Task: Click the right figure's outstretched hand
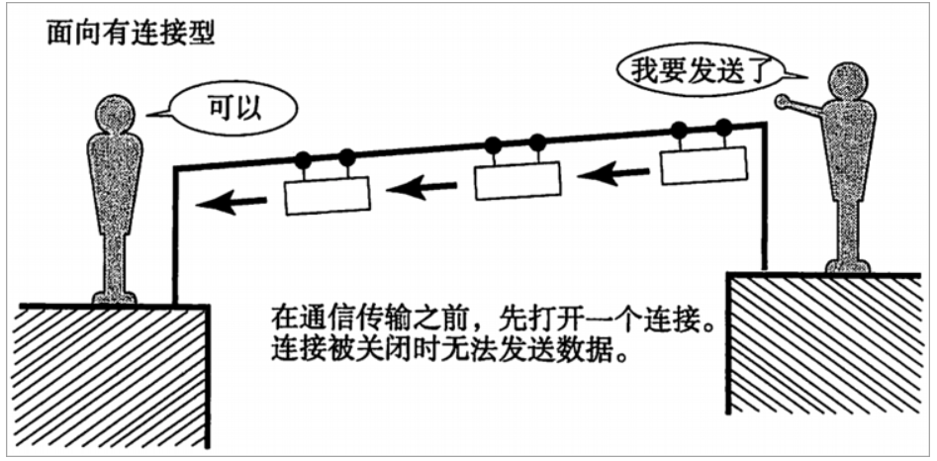pos(782,100)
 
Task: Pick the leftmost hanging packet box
pos(327,195)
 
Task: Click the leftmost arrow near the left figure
pos(232,203)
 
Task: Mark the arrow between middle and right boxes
pos(611,174)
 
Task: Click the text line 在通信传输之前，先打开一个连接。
pos(493,323)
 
